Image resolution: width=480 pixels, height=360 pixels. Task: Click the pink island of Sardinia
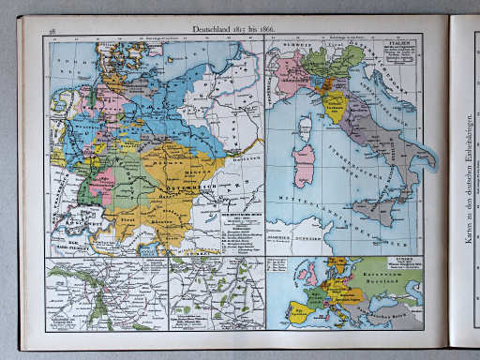click(x=305, y=165)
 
